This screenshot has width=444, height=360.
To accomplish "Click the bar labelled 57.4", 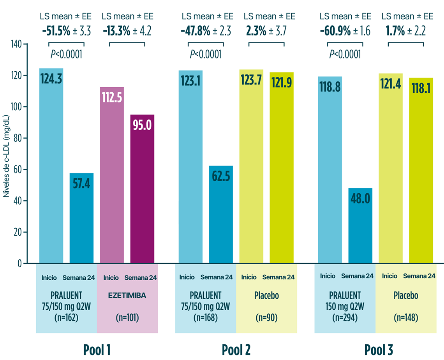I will tap(81, 218).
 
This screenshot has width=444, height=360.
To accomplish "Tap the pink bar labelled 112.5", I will tap(112, 175).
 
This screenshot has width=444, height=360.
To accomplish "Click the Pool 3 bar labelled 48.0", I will tap(360, 226).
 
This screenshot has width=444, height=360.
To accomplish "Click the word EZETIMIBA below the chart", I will tap(127, 296).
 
